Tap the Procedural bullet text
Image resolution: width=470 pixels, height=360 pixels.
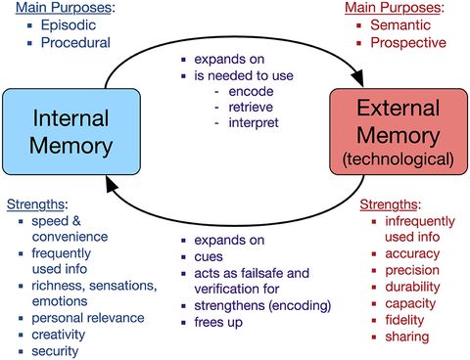pos(75,42)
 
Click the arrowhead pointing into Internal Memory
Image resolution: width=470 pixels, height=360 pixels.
pos(115,192)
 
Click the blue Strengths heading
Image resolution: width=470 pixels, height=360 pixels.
pos(36,204)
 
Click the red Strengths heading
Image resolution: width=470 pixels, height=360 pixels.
pos(389,204)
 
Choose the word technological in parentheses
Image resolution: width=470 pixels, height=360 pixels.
pos(397,157)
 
